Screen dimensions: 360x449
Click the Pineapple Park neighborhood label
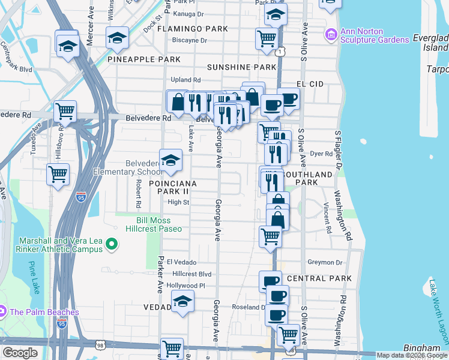pos(144,60)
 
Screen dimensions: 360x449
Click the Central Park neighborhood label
pos(319,279)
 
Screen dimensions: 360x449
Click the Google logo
pos(20,353)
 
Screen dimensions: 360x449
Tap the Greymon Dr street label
pos(325,262)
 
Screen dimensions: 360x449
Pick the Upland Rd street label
pos(185,80)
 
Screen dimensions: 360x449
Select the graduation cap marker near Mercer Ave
pos(68,44)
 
